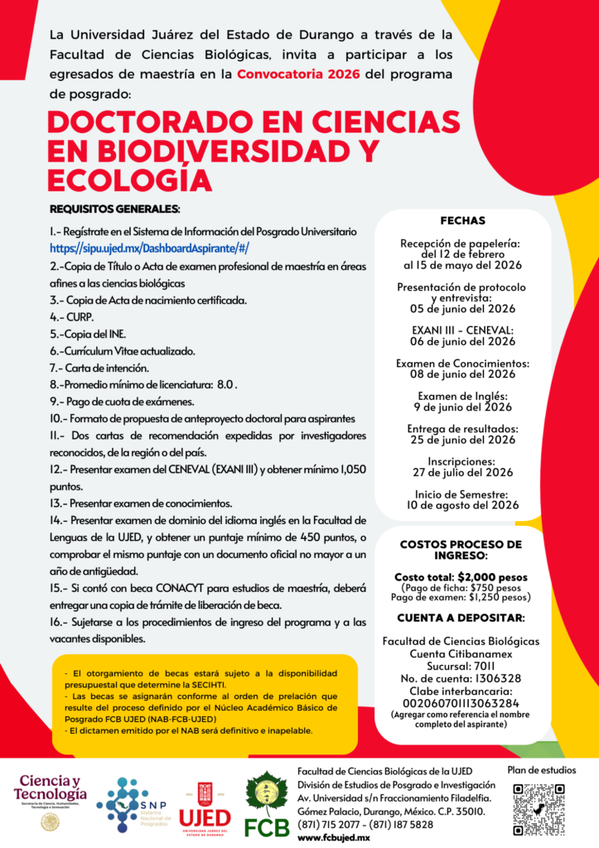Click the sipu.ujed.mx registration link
tap(149, 248)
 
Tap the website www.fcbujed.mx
tap(333, 837)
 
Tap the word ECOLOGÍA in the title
tap(129, 179)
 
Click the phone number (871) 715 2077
tap(331, 825)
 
